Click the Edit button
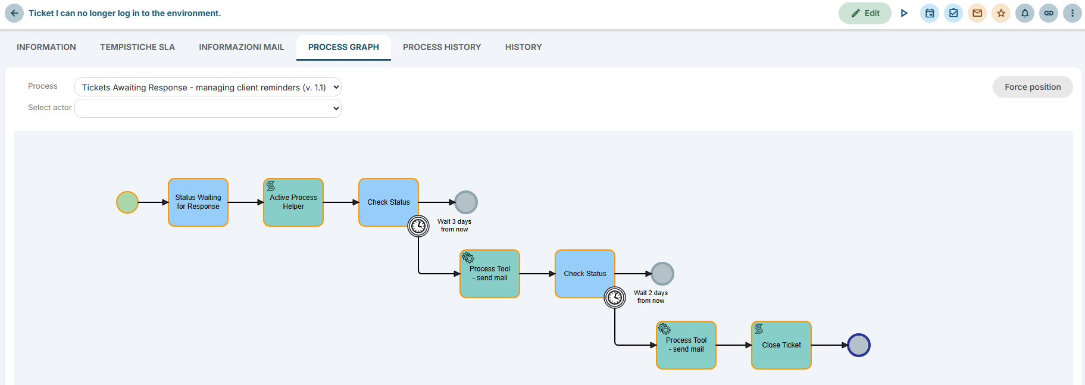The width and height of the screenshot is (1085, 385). coord(865,13)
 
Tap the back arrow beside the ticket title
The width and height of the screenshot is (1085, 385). coord(14,13)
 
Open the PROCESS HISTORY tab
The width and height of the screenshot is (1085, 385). coord(442,47)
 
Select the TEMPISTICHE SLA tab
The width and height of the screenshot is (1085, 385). coord(137,47)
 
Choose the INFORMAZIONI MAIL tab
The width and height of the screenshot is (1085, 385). coord(242,47)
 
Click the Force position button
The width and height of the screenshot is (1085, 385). coord(1033,87)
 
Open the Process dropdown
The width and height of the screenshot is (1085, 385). coord(208,87)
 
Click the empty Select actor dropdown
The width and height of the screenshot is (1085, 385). coord(208,108)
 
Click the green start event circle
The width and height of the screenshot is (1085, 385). coord(127,202)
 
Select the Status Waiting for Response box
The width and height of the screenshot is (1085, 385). coord(198,202)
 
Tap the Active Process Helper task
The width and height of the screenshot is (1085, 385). coord(293,202)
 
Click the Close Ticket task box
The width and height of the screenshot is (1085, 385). coord(781,345)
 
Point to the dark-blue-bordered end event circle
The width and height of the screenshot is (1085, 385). coord(859,345)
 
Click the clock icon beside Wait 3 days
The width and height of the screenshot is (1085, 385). coord(418,226)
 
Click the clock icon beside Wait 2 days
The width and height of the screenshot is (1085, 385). coord(615,298)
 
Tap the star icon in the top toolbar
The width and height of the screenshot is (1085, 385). coord(1001,13)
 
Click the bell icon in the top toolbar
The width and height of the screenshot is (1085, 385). coord(1025,13)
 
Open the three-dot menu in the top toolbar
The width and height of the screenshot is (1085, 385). coord(1073,13)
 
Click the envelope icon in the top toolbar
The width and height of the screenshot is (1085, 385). coord(977,13)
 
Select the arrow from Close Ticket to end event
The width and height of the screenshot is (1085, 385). coord(830,345)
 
